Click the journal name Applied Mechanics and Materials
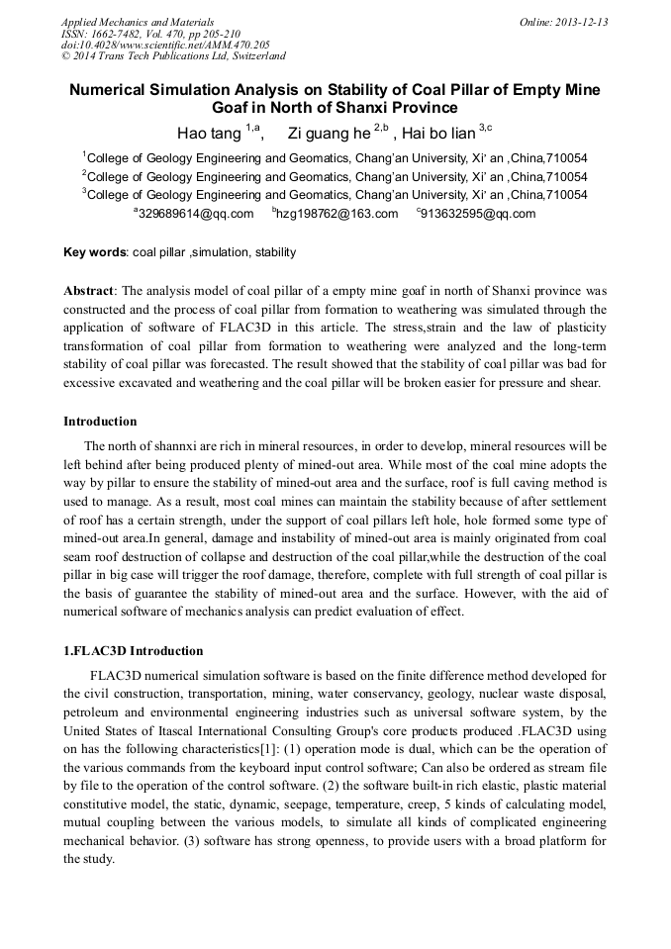click(x=137, y=22)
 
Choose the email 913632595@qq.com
click(x=478, y=214)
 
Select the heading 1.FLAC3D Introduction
click(x=133, y=651)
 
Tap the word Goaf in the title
click(x=235, y=108)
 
